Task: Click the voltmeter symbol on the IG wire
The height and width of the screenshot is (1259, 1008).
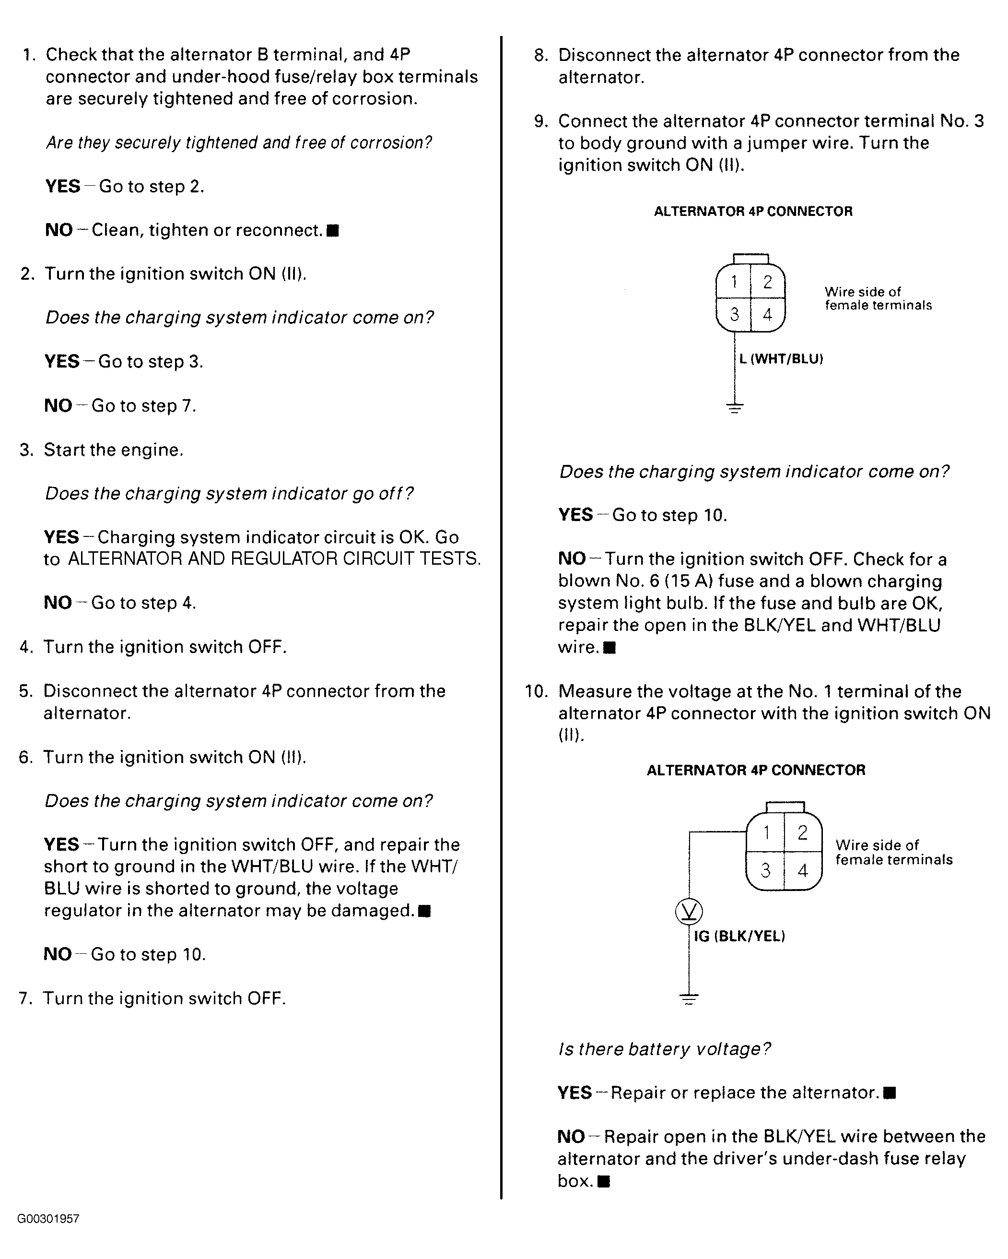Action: click(x=689, y=912)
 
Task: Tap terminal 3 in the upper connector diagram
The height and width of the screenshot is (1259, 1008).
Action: click(x=734, y=314)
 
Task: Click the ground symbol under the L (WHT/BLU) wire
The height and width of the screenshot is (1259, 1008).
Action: click(x=735, y=408)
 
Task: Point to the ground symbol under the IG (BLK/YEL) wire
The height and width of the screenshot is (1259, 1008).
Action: click(x=689, y=998)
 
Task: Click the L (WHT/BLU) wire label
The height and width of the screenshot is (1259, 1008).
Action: click(x=781, y=358)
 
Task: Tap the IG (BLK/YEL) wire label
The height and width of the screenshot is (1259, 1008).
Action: click(x=739, y=937)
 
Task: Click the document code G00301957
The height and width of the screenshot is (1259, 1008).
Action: click(x=48, y=1219)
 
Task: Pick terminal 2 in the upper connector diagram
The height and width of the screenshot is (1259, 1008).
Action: click(x=768, y=282)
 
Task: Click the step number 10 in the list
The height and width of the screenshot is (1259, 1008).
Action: click(x=536, y=691)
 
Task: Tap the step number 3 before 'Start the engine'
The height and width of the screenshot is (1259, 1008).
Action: click(x=27, y=450)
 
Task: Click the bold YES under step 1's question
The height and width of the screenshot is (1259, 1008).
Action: click(x=62, y=186)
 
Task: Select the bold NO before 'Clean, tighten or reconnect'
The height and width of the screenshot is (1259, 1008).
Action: click(x=59, y=230)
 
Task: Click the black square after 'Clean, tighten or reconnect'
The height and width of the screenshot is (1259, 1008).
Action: click(x=333, y=231)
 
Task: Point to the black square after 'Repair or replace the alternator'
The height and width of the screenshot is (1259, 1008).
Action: click(x=890, y=1093)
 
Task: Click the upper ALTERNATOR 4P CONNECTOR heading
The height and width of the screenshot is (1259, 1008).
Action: click(x=753, y=212)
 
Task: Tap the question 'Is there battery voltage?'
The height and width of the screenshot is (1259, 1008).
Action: click(x=664, y=1049)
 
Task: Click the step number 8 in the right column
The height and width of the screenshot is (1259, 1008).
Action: click(x=540, y=56)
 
